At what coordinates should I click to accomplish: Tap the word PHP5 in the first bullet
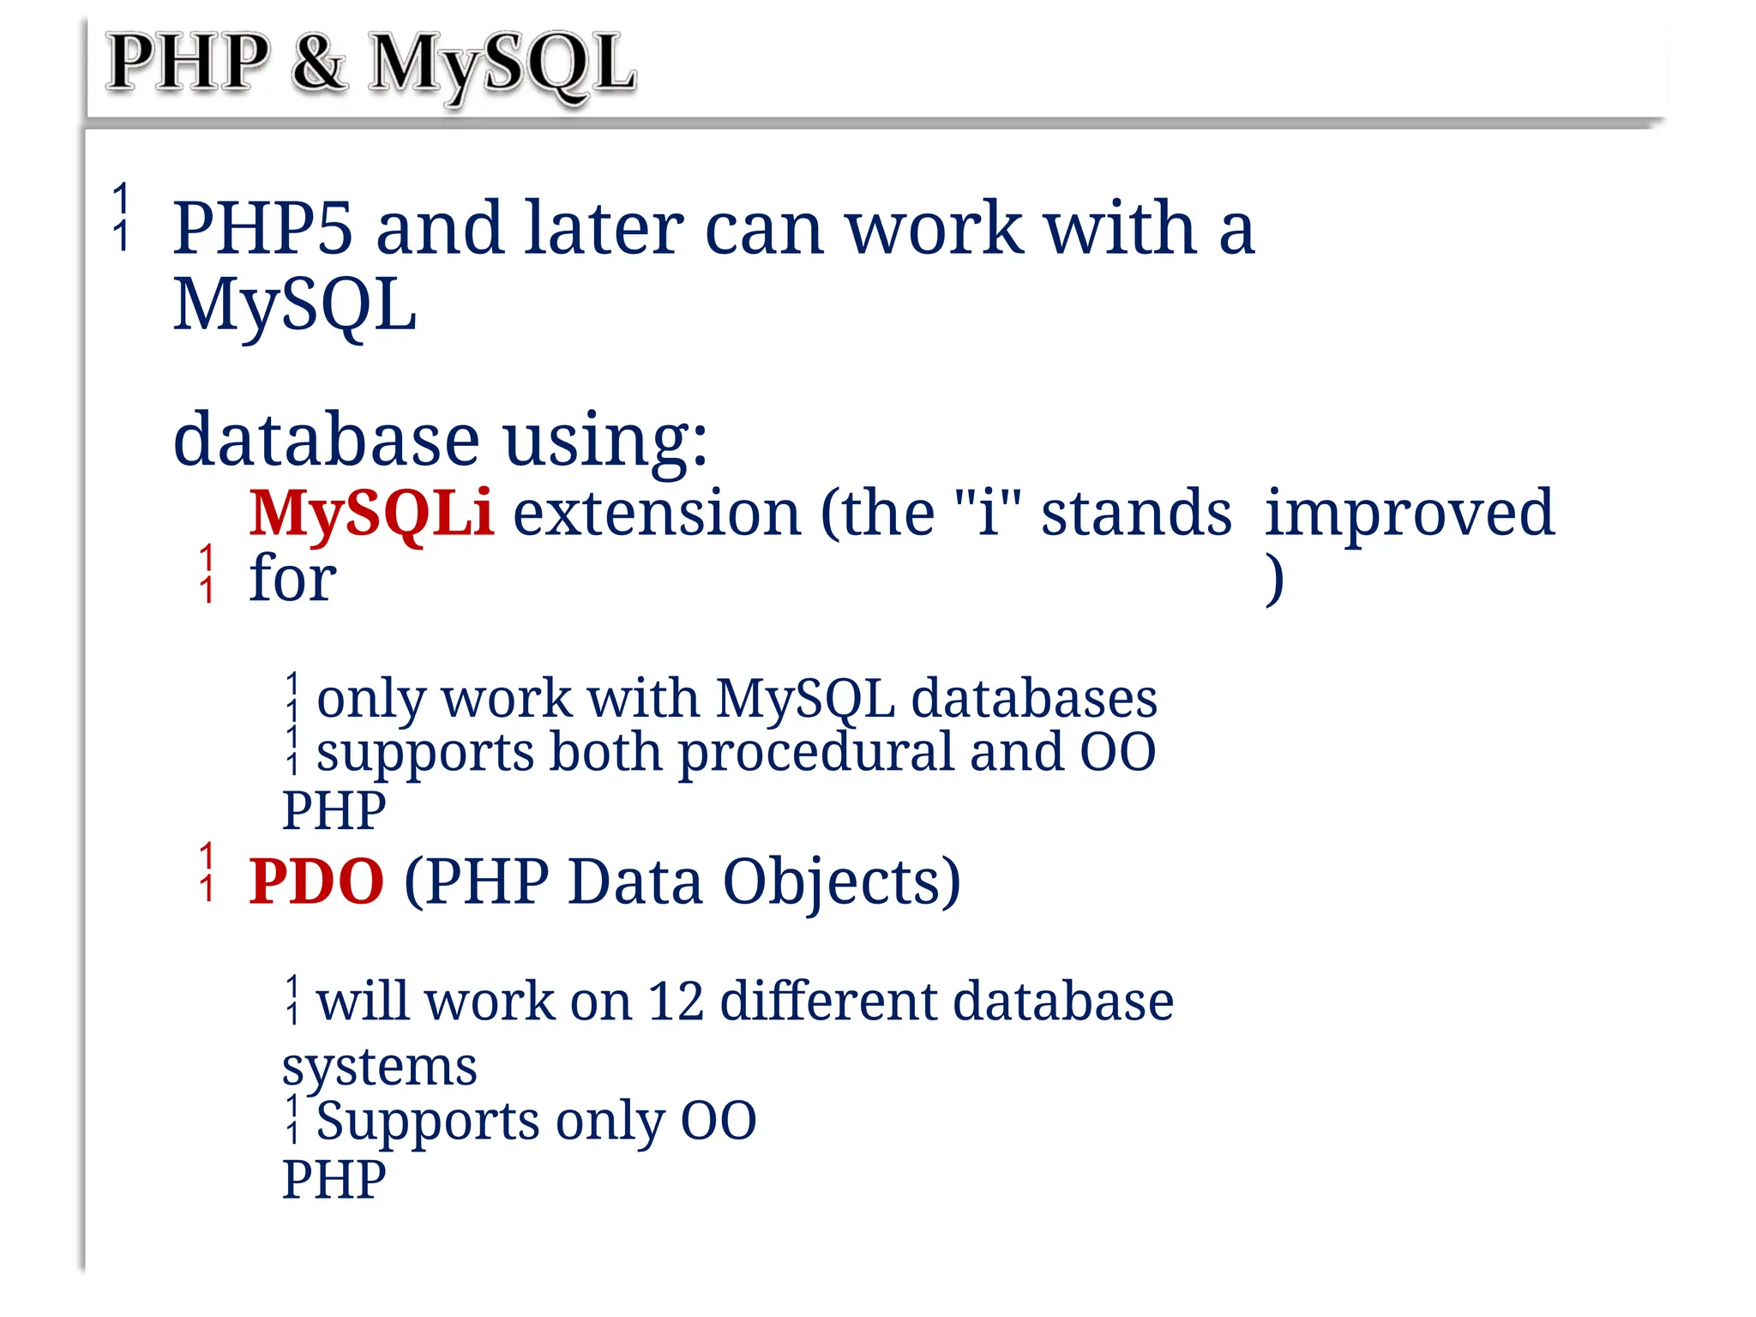[262, 228]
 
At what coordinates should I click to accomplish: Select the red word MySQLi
[370, 513]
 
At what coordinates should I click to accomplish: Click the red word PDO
[316, 881]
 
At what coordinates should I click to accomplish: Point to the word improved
[1409, 513]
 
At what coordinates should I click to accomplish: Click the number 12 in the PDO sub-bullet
[676, 1001]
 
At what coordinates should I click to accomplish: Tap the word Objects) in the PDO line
[841, 883]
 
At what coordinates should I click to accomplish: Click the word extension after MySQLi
[656, 513]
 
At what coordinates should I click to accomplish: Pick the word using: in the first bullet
[605, 440]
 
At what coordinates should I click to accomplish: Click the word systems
[379, 1067]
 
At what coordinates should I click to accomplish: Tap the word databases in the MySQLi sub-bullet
[1033, 699]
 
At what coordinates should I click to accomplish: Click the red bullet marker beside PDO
[207, 872]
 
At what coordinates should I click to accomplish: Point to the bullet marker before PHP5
[122, 217]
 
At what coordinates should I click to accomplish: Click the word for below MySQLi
[292, 579]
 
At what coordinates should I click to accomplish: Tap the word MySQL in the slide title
[502, 63]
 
